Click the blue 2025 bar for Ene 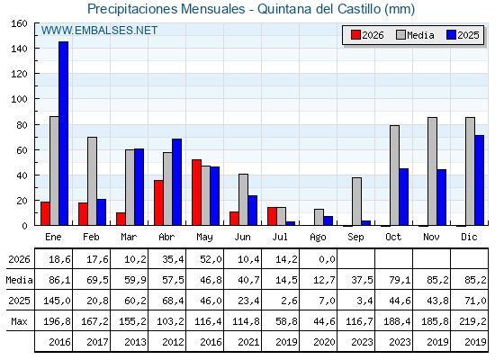[x=63, y=133]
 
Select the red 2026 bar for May [x=197, y=193]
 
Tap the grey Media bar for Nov [x=432, y=171]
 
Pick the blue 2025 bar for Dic [x=479, y=180]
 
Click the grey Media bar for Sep [x=356, y=202]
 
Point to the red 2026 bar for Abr [x=158, y=202]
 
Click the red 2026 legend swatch [x=355, y=35]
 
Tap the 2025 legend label [x=468, y=35]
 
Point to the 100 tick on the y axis [x=36, y=99]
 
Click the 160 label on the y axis [x=19, y=23]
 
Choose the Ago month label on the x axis [x=318, y=238]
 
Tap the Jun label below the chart [x=242, y=238]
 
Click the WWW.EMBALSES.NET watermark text [x=99, y=31]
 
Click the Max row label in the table [x=19, y=321]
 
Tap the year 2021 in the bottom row [x=248, y=342]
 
